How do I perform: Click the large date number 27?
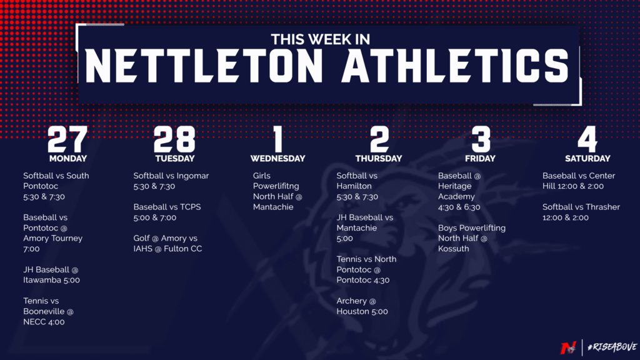pos(67,139)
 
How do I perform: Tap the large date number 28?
pos(175,139)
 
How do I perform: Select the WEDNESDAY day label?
pos(277,158)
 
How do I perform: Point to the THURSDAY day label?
pos(379,158)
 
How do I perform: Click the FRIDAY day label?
pos(480,158)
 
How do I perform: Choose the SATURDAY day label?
pos(587,158)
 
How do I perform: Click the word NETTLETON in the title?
pos(204,66)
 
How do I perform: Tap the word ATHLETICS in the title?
pos(455,66)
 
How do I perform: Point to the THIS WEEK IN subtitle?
pos(321,39)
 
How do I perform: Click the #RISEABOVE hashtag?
pos(612,347)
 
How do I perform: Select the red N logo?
pos(568,347)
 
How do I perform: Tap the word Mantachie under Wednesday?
pos(273,207)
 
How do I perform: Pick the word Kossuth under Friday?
pos(454,249)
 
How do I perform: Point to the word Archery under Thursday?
pos(351,301)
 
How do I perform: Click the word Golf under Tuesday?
pos(142,238)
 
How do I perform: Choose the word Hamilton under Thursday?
pos(354,186)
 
